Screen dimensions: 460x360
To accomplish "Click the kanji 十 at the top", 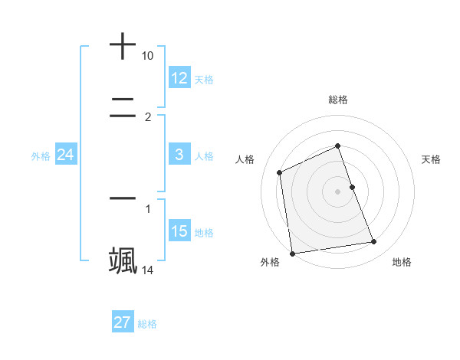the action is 123,47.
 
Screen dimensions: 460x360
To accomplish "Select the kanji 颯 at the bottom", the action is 123,260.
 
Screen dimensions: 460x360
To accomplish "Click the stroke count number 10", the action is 147,56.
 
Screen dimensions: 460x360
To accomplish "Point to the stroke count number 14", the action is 147,270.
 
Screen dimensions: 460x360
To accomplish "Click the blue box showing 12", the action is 179,78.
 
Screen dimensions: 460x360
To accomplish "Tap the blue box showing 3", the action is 179,155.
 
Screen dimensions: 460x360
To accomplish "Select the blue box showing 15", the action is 179,231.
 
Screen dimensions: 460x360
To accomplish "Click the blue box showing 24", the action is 65,155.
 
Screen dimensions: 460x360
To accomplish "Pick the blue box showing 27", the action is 123,322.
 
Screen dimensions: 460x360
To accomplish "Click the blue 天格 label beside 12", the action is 204,79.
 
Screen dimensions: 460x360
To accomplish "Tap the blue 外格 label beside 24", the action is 41,155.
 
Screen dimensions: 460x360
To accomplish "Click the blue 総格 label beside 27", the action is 147,323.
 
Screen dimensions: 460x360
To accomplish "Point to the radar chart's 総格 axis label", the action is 338,100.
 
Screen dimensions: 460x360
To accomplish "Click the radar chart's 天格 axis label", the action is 432,159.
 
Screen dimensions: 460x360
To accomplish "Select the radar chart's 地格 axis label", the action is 402,262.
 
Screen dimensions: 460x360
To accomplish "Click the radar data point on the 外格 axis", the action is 292,253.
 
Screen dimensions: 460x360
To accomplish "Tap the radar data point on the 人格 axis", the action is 280,172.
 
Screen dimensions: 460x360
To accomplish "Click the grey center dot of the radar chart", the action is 338,191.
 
